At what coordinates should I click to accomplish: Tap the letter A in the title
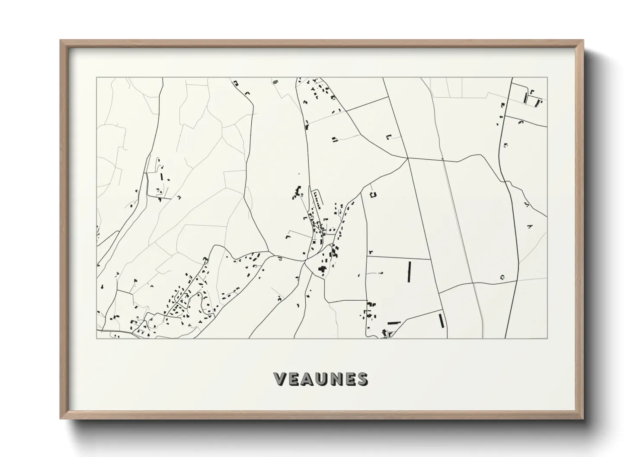[308, 379]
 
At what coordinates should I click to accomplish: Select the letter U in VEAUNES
[321, 379]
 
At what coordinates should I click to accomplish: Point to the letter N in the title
[336, 379]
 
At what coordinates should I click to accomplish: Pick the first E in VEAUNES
[294, 379]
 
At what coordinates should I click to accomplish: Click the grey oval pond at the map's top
[275, 81]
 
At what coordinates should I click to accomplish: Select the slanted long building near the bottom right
[442, 321]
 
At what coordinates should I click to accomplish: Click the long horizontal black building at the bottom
[394, 323]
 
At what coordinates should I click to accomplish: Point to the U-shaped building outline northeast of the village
[373, 194]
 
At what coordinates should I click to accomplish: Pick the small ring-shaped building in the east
[502, 277]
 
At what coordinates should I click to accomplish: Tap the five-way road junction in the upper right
[408, 159]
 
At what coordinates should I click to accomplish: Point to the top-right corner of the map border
[547, 78]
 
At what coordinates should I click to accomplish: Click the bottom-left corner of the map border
[97, 338]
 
